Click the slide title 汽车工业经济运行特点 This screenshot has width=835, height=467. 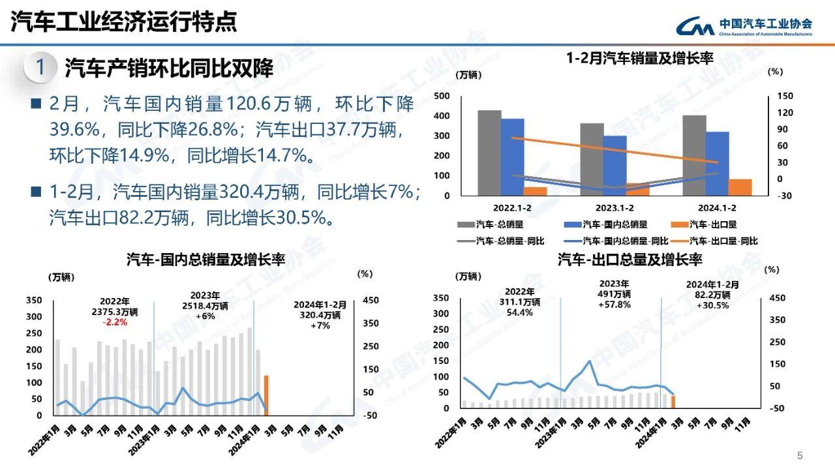[x=124, y=22]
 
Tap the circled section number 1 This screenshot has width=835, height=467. [x=40, y=67]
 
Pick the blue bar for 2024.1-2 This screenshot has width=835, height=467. [x=717, y=163]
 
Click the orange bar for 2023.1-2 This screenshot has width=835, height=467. [x=637, y=189]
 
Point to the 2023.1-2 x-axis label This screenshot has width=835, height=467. [x=615, y=208]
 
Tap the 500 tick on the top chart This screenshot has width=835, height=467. [x=442, y=96]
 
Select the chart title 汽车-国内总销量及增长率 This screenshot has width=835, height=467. [x=205, y=260]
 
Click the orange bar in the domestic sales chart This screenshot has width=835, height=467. [x=266, y=395]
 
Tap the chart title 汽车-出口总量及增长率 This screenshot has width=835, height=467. [x=630, y=260]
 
